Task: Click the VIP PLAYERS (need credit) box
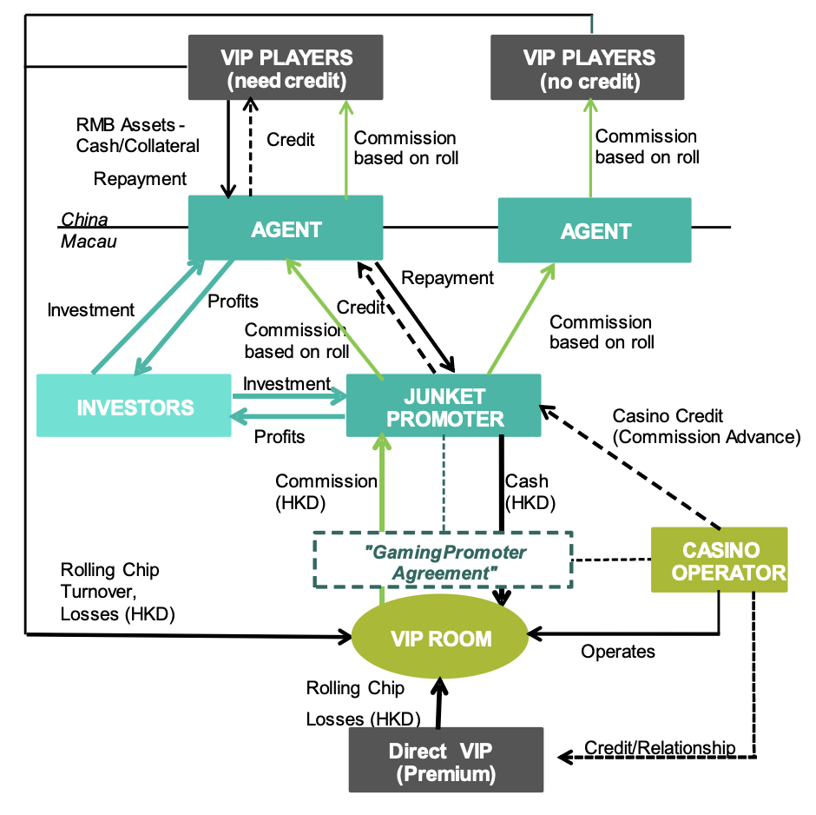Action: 286,69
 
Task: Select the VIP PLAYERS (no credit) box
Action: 588,69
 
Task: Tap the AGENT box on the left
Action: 286,229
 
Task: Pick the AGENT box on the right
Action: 595,230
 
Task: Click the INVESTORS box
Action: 135,406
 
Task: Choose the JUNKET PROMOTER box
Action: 444,406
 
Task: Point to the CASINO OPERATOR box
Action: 720,560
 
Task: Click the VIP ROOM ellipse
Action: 441,639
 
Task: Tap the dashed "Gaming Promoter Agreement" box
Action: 444,561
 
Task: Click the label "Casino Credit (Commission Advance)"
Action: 706,427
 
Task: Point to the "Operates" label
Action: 618,652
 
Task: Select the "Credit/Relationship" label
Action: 659,747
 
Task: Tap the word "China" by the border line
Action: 84,220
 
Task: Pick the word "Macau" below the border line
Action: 89,242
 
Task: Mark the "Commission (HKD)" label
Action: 326,491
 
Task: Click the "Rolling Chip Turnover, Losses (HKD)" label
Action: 117,592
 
